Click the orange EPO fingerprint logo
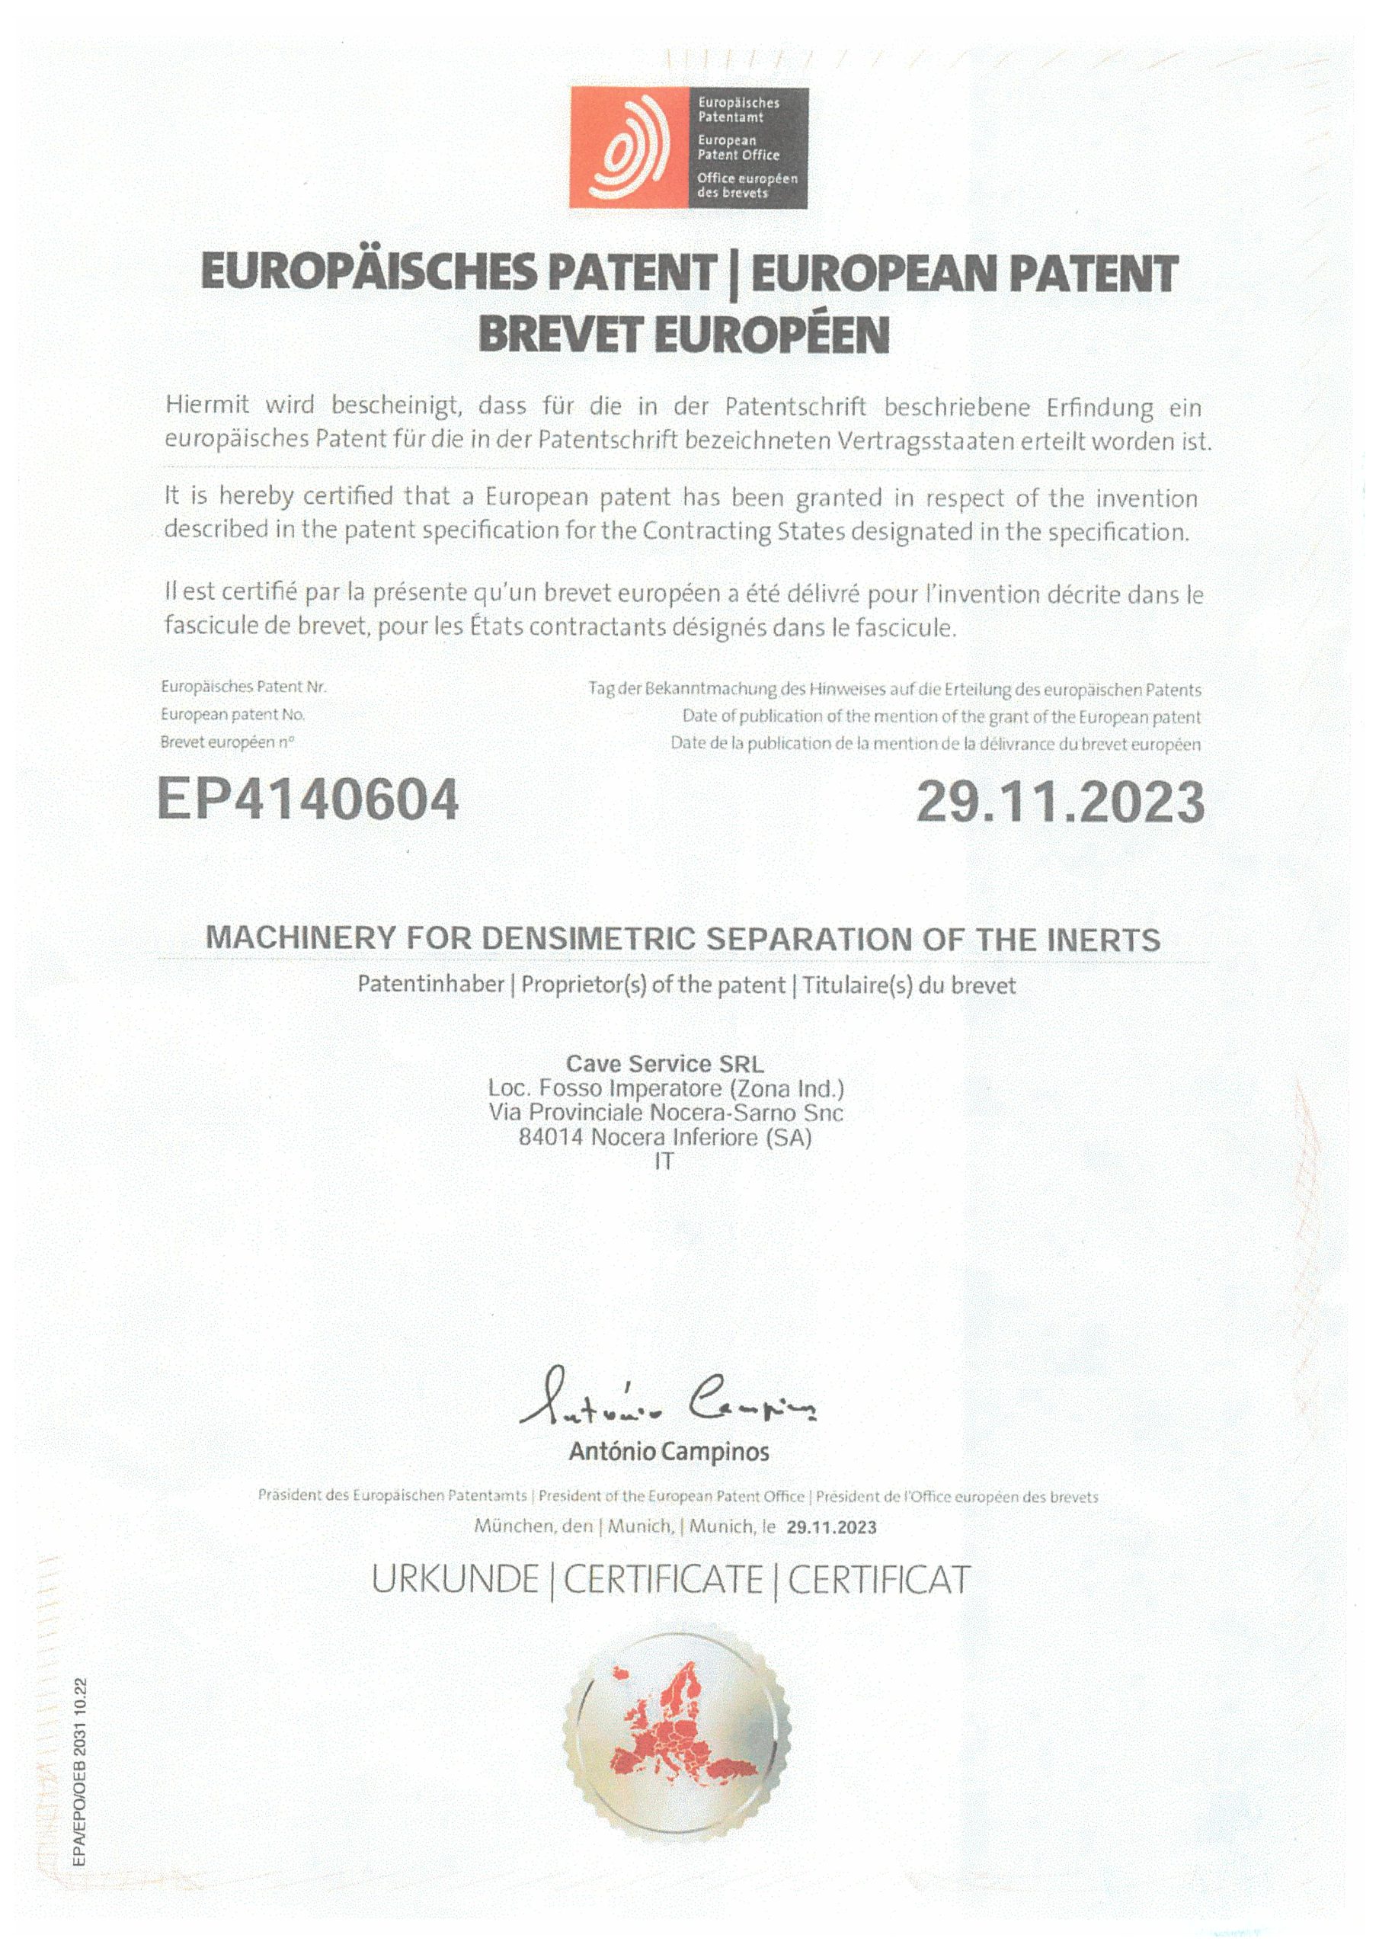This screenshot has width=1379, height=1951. [629, 148]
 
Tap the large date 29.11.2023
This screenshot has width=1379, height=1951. [1060, 803]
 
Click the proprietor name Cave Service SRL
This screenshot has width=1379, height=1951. [664, 1064]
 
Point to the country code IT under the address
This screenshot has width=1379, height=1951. [664, 1161]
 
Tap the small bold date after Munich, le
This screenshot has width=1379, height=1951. [831, 1527]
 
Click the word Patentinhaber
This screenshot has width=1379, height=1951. [430, 985]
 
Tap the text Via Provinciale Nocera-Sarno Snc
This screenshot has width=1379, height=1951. [665, 1113]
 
